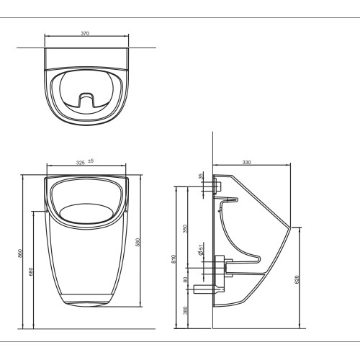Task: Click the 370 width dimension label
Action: pyautogui.click(x=85, y=33)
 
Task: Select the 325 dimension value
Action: pyautogui.click(x=81, y=163)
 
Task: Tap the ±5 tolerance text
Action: pyautogui.click(x=91, y=161)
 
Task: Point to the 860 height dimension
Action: pyautogui.click(x=20, y=253)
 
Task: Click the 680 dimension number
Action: pyautogui.click(x=31, y=271)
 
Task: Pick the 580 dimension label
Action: pyautogui.click(x=138, y=242)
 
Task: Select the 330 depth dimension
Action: pyautogui.click(x=246, y=162)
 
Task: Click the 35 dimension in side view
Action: pyautogui.click(x=201, y=176)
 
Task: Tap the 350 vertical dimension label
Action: pyautogui.click(x=185, y=229)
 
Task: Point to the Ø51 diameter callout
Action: pyautogui.click(x=201, y=248)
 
